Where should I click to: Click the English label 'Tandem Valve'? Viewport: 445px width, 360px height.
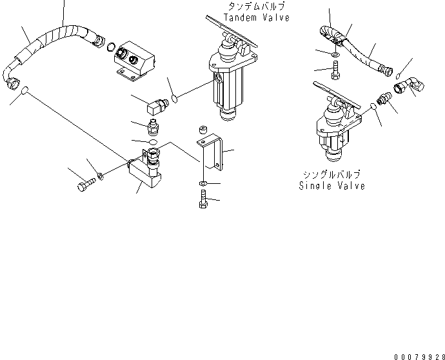[x=256, y=18]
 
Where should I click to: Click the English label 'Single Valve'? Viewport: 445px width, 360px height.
[x=331, y=186]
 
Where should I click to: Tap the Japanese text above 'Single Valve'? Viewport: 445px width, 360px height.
[x=331, y=175]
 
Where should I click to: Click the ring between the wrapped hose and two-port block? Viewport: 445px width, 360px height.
[x=112, y=46]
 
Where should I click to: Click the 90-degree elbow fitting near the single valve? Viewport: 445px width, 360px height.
[x=404, y=91]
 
